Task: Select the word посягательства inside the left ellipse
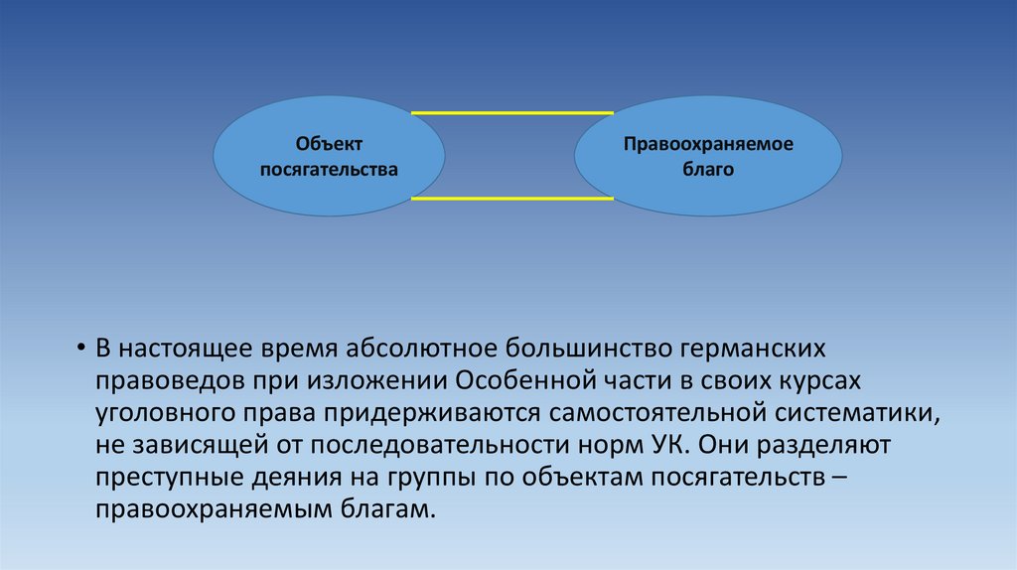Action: coord(329,170)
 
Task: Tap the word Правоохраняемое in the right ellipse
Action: coord(708,145)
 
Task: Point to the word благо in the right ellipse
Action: coord(708,170)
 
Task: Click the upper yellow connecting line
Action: coord(510,113)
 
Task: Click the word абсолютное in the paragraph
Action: coord(421,351)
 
